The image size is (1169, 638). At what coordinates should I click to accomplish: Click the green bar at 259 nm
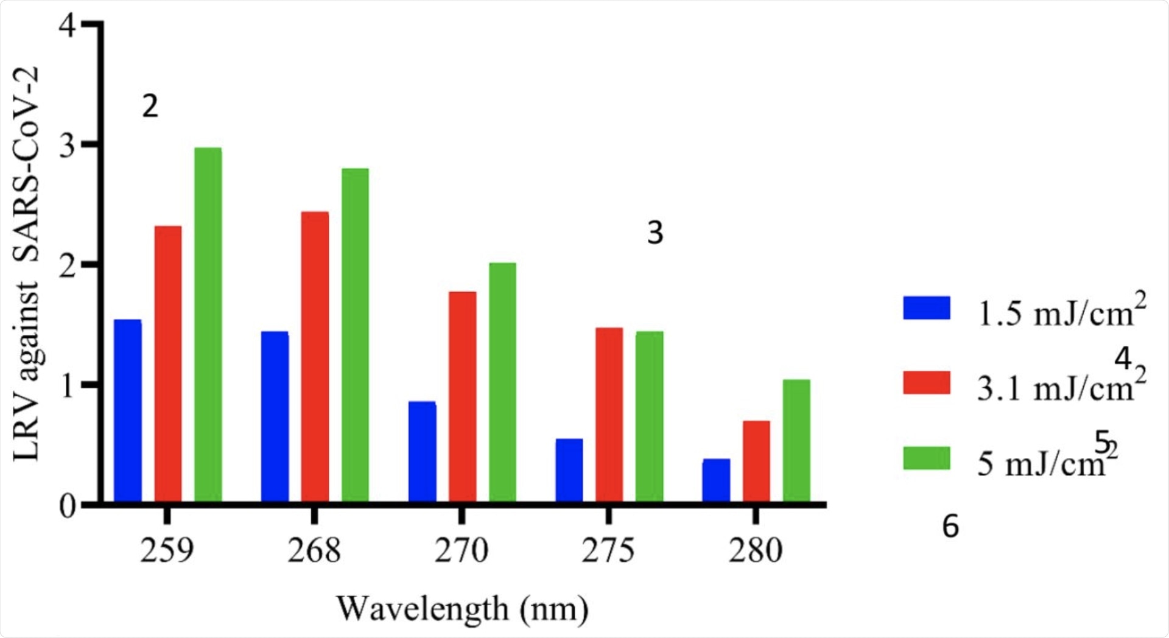[208, 326]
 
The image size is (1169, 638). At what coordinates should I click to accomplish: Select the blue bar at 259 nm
[128, 412]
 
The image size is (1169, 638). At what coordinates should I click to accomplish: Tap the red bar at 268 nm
[315, 357]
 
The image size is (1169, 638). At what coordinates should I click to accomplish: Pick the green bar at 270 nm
[502, 383]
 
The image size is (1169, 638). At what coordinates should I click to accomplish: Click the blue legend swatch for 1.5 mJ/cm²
[927, 308]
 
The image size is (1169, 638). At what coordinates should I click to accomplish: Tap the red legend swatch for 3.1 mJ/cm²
[927, 383]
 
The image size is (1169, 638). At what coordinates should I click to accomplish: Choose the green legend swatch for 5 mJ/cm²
[927, 458]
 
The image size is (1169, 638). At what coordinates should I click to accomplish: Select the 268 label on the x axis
[314, 551]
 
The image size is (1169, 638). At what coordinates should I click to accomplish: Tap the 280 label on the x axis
[756, 551]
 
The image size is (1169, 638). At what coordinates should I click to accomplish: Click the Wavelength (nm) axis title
[463, 609]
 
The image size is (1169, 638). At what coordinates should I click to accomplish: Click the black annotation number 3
[655, 233]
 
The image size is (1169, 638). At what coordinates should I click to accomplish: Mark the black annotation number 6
[950, 527]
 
